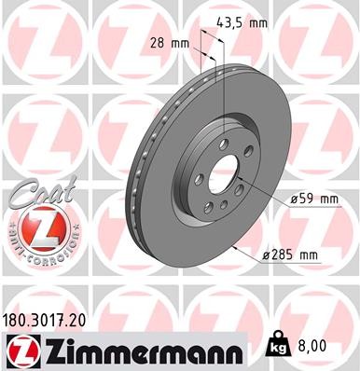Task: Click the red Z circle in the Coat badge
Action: point(35,227)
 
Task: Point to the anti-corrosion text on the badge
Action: point(35,253)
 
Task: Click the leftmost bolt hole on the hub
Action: point(198,176)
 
